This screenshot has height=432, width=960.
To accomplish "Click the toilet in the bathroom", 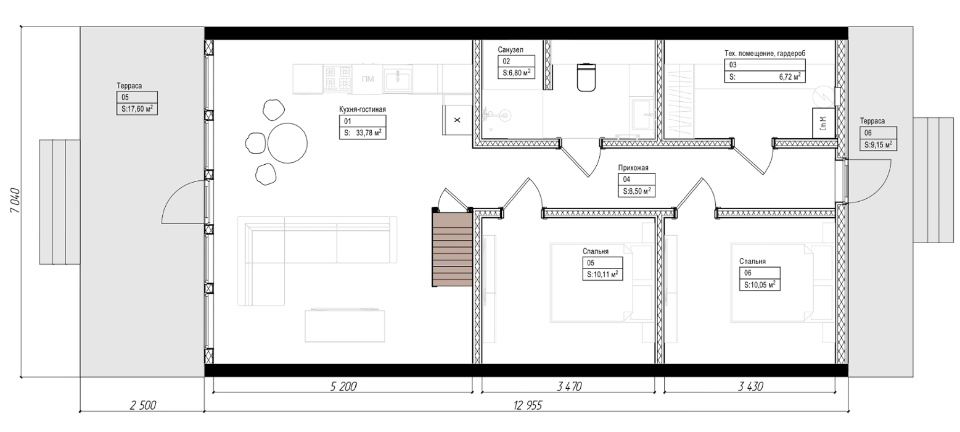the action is pyautogui.click(x=586, y=78).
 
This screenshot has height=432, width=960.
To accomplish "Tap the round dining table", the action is pyautogui.click(x=287, y=143).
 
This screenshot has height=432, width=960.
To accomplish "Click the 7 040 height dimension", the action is pyautogui.click(x=15, y=201).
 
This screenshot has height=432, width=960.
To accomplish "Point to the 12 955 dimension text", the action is pyautogui.click(x=528, y=405).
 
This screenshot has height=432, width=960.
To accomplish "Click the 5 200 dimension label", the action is pyautogui.click(x=343, y=386).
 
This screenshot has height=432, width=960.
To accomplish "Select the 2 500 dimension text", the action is pyautogui.click(x=142, y=405).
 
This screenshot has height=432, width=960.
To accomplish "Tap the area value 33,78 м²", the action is pyautogui.click(x=369, y=133).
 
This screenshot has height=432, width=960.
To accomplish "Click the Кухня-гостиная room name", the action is pyautogui.click(x=363, y=109).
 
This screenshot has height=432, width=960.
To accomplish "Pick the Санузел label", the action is pyautogui.click(x=511, y=50).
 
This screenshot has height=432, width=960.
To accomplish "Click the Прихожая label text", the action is pyautogui.click(x=633, y=168).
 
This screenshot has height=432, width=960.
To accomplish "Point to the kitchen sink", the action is pyautogui.click(x=398, y=80).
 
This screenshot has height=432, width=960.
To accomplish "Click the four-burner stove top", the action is pyautogui.click(x=337, y=78).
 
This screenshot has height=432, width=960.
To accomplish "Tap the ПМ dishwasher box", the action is pyautogui.click(x=367, y=79).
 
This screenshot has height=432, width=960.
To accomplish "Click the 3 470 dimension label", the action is pyautogui.click(x=569, y=386).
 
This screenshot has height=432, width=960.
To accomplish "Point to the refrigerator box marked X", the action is pyautogui.click(x=457, y=120).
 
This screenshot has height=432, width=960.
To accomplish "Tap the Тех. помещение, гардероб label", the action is pyautogui.click(x=765, y=53).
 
